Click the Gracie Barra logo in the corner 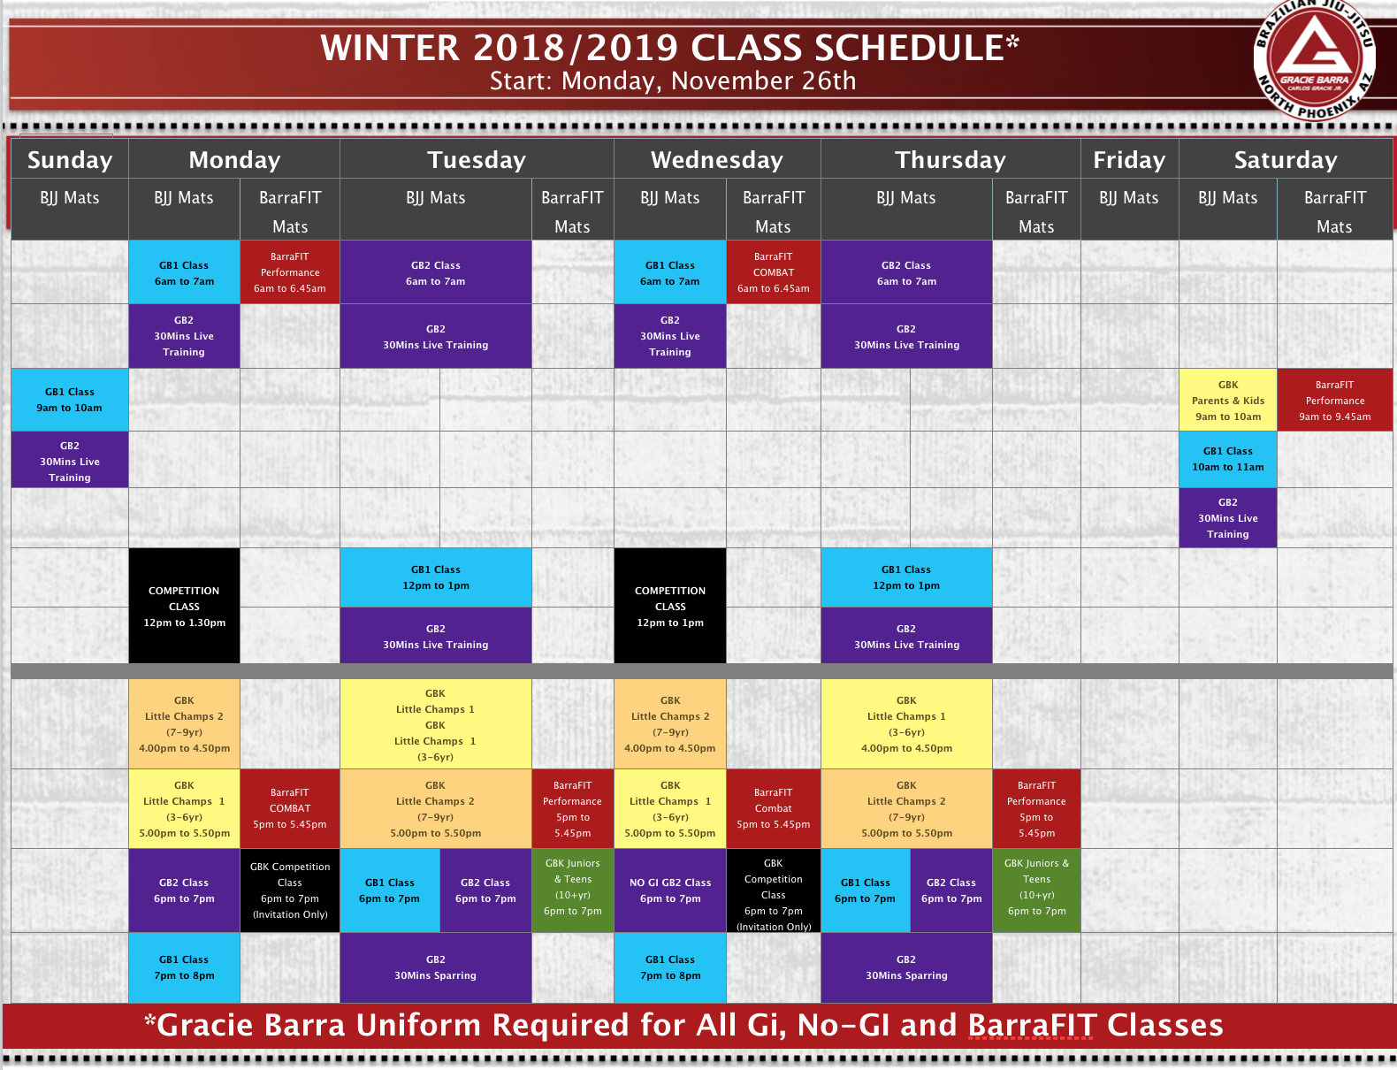point(1314,59)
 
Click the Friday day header point(1130,159)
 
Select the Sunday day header point(70,159)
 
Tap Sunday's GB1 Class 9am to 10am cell point(70,400)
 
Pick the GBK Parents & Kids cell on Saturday point(1228,400)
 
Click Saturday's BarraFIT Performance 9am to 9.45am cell point(1334,400)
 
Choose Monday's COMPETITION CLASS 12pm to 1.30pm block point(185,606)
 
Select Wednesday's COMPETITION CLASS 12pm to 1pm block point(670,606)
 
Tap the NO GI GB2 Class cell point(670,890)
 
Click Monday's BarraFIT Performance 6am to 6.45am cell point(290,272)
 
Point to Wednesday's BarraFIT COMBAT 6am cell point(774,272)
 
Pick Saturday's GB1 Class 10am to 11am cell point(1228,459)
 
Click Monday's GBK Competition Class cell point(290,890)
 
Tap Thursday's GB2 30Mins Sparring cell point(906,967)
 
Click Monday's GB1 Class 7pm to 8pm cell point(185,967)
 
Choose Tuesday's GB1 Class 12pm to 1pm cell point(436,577)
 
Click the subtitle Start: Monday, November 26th point(673,81)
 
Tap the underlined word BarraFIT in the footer point(1032,1025)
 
